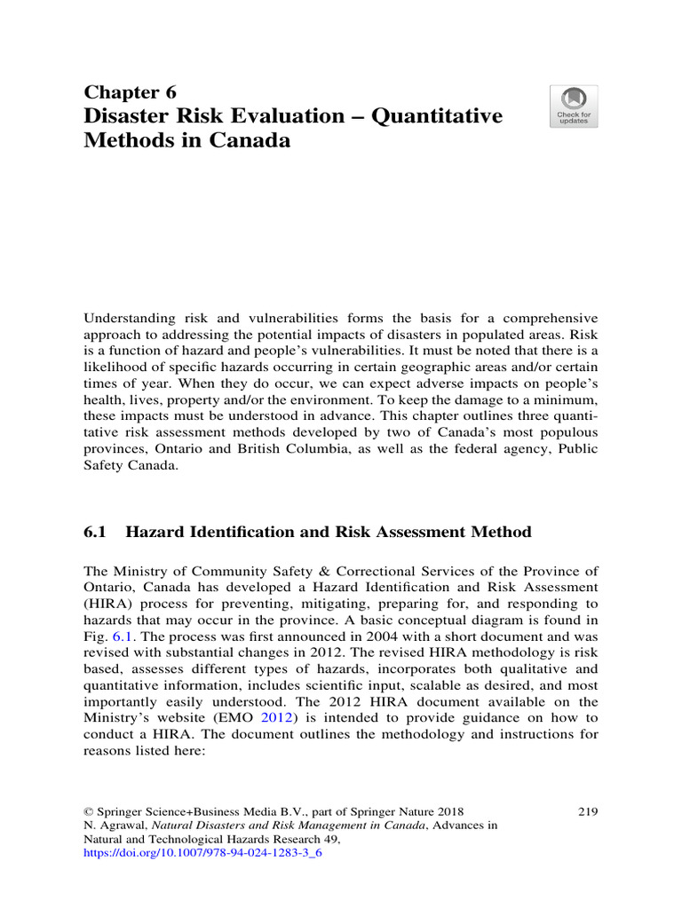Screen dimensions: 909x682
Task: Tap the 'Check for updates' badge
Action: [573, 107]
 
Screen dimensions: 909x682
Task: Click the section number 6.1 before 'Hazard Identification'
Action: [95, 532]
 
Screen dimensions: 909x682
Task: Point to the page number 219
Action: [587, 810]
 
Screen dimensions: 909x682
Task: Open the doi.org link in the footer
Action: [202, 853]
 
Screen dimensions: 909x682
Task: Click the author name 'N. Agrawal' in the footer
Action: [115, 825]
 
